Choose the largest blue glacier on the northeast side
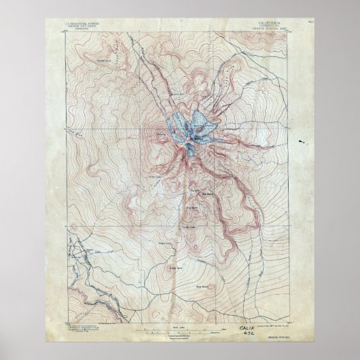[x=200, y=122]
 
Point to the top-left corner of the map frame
[x=67, y=29]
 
